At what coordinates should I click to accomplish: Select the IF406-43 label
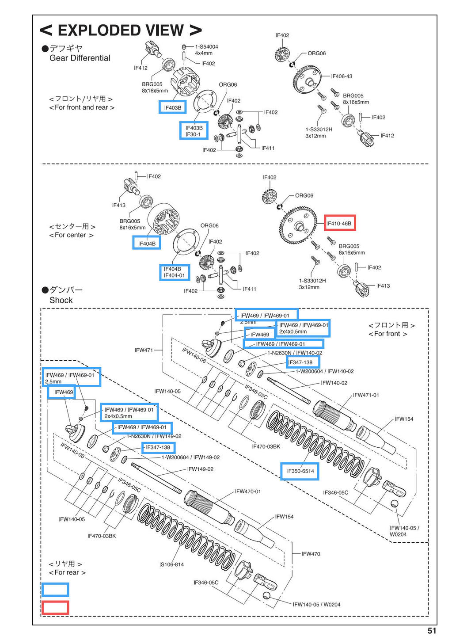342,76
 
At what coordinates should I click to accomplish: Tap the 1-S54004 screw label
206,46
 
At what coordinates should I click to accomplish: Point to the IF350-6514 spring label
300,471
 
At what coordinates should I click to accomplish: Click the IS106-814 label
171,564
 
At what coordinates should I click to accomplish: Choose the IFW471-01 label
366,395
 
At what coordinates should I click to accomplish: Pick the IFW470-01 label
248,491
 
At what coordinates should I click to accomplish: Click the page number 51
432,631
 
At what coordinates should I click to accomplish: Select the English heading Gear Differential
80,58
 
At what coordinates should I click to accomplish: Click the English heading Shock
61,300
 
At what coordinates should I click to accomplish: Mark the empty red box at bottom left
55,608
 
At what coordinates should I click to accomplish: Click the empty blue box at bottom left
55,590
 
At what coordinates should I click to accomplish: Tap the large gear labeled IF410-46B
298,226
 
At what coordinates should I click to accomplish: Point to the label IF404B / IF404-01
174,272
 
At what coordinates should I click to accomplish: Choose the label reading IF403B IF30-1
194,131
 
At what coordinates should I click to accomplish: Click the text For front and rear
81,107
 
